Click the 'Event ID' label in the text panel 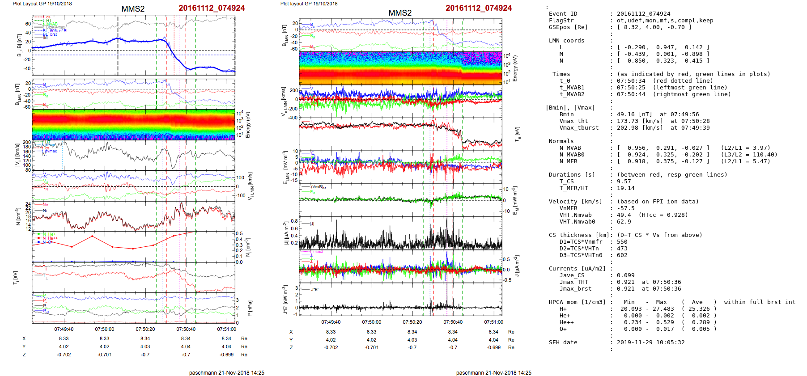click(x=563, y=14)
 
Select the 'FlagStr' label click(x=561, y=21)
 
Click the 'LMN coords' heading click(x=566, y=41)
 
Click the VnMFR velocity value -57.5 click(x=625, y=208)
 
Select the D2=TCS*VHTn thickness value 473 click(x=622, y=249)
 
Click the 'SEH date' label click(x=563, y=342)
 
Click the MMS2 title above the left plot click(x=133, y=9)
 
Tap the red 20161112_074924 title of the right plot click(x=478, y=8)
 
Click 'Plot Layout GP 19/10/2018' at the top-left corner click(x=42, y=4)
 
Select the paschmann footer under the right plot click(x=493, y=372)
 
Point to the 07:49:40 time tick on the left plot click(x=64, y=329)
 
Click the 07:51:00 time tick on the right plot click(x=493, y=322)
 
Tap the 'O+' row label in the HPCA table click(x=563, y=329)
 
